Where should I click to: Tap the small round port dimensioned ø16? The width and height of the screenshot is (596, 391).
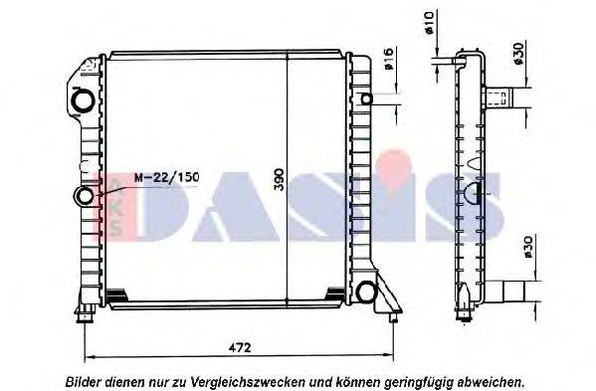point(367,98)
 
